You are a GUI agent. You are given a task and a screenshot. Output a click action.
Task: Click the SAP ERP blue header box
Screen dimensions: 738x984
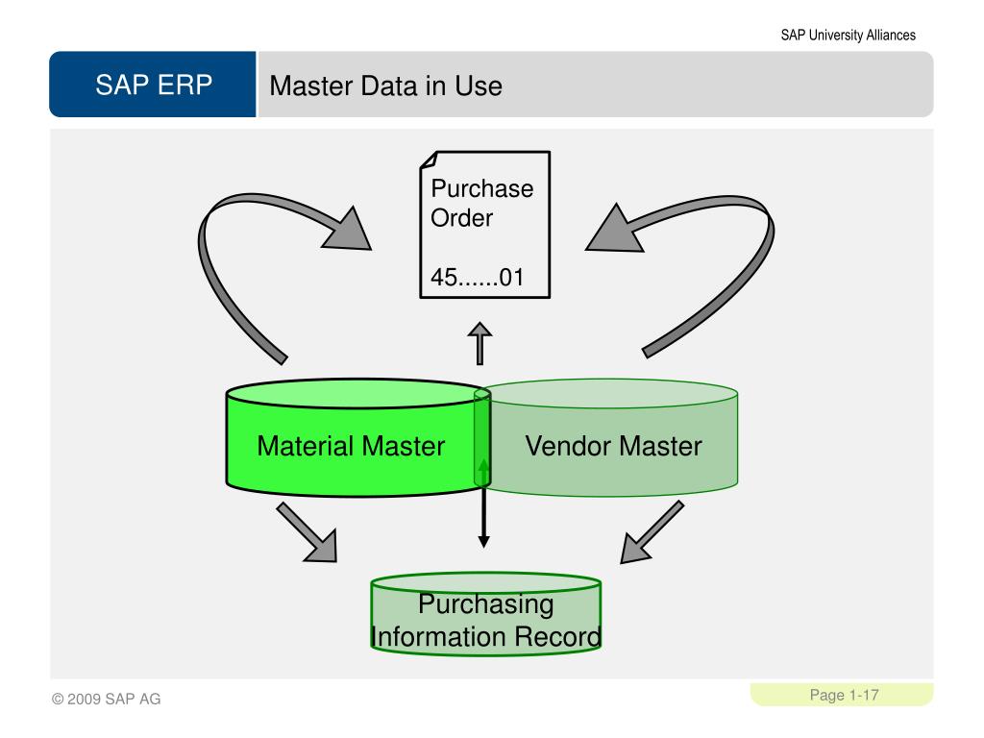153,86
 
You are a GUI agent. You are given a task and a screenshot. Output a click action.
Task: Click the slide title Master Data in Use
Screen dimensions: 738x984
385,86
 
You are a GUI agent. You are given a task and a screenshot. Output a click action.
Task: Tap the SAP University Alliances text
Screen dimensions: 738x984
848,36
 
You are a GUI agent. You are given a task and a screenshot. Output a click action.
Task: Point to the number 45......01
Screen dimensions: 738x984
476,278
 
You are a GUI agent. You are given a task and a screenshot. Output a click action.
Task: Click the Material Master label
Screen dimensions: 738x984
351,446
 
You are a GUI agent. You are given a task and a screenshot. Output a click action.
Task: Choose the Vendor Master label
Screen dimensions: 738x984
613,446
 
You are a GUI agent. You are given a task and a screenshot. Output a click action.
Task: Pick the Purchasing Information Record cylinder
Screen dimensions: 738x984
485,615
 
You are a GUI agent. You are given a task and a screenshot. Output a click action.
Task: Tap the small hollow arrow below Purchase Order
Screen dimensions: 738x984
479,343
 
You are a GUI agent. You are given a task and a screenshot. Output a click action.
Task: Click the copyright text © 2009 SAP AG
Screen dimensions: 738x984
107,699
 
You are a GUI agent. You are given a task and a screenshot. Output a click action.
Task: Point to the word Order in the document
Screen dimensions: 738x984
461,217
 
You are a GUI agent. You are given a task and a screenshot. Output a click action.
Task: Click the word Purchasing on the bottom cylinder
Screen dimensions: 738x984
485,604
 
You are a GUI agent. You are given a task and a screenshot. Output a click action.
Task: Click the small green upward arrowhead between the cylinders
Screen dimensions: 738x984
483,466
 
